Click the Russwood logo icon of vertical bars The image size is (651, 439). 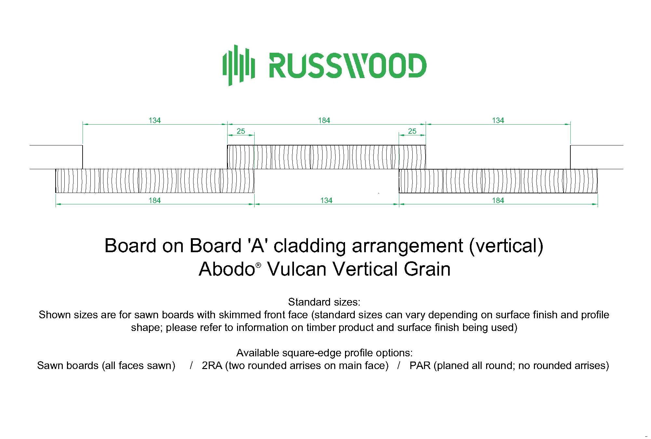[x=239, y=65]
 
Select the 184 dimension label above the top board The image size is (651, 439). [x=324, y=120]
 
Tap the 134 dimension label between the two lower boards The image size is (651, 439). [x=326, y=200]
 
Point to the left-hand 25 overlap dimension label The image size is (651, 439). [x=241, y=131]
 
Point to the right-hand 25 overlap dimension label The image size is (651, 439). [x=412, y=131]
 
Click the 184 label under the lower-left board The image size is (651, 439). [x=154, y=200]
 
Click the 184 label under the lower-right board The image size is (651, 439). [x=498, y=200]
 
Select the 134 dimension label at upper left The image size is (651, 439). [x=154, y=120]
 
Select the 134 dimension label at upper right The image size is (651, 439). [x=498, y=120]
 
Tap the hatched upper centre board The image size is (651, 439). [x=326, y=157]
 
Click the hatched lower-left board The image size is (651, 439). [x=155, y=181]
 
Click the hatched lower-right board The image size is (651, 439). [x=498, y=181]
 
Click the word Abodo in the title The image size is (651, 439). [x=227, y=269]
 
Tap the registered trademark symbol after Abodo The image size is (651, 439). [x=258, y=265]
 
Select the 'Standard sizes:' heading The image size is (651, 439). [x=324, y=302]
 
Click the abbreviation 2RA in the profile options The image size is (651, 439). [x=212, y=365]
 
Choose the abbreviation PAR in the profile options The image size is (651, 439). [x=420, y=365]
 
